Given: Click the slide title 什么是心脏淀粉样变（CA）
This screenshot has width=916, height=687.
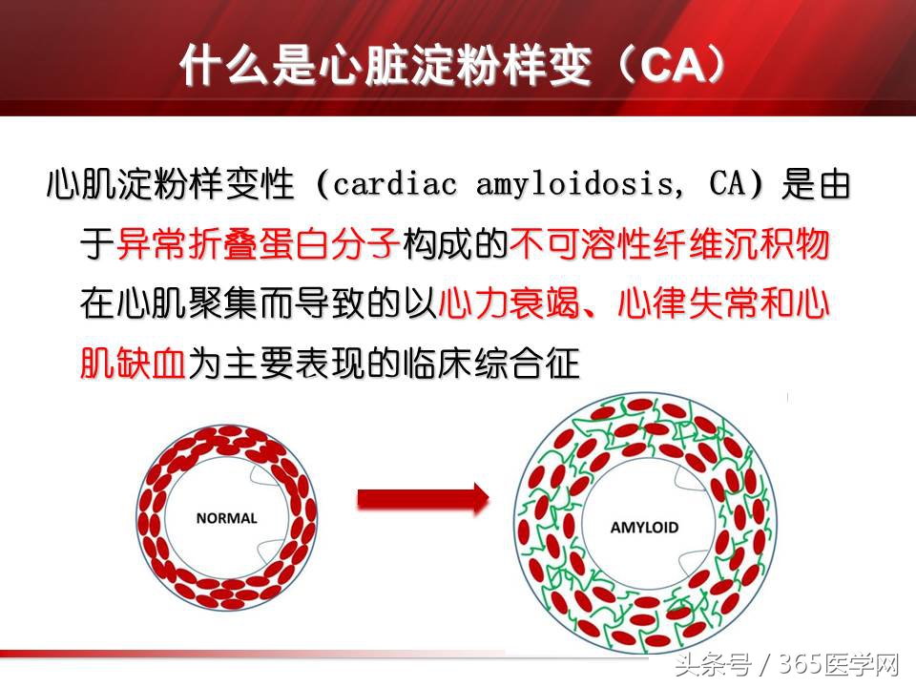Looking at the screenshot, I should [x=457, y=65].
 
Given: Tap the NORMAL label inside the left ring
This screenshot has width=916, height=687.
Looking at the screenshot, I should [x=226, y=519].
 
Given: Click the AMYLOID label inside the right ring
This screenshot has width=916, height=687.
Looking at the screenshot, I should [x=644, y=527].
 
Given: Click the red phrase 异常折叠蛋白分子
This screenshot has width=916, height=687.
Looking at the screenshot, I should [x=257, y=245].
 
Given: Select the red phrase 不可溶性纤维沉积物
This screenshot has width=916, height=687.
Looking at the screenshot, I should [x=670, y=245].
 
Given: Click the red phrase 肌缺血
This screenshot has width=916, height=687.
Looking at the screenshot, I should [x=133, y=364].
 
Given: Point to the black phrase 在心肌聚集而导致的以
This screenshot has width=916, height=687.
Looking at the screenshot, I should [x=259, y=304].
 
